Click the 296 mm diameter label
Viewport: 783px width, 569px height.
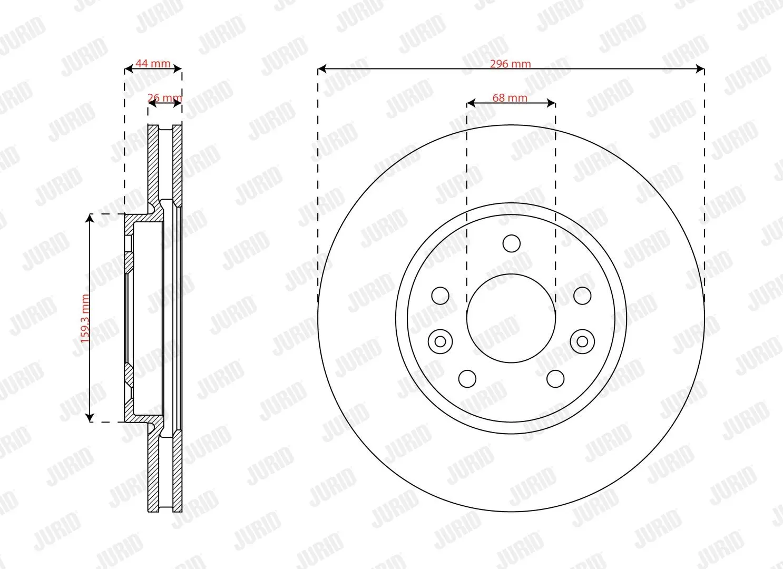point(510,64)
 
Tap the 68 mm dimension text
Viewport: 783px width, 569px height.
point(510,98)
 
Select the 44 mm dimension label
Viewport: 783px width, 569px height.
point(153,63)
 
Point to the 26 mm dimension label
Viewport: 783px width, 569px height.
point(164,97)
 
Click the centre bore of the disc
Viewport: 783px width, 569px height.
point(511,318)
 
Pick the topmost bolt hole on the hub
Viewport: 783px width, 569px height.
point(511,243)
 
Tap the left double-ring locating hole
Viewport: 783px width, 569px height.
point(440,341)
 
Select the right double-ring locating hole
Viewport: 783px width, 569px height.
point(582,341)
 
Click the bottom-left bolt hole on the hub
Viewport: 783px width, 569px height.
point(467,379)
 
